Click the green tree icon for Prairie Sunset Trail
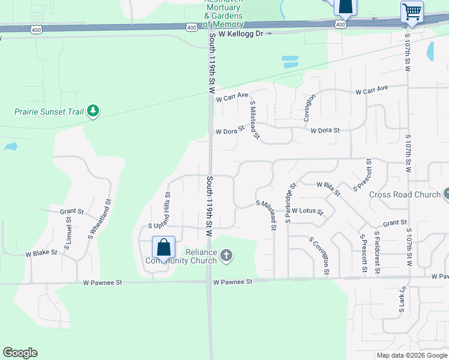coord(92,110)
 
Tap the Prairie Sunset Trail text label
coord(49,112)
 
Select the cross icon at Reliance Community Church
coord(226,257)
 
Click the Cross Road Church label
coord(405,194)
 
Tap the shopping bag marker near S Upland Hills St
coord(163,247)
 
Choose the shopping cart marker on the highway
coord(412,12)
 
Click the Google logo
coord(20,353)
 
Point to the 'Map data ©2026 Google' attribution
coord(412,355)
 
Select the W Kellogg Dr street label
coord(241,34)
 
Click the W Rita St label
coord(328,188)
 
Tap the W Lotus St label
coord(307,211)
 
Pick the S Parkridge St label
coord(289,203)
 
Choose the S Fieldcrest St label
coord(377,251)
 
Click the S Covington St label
coord(319,256)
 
